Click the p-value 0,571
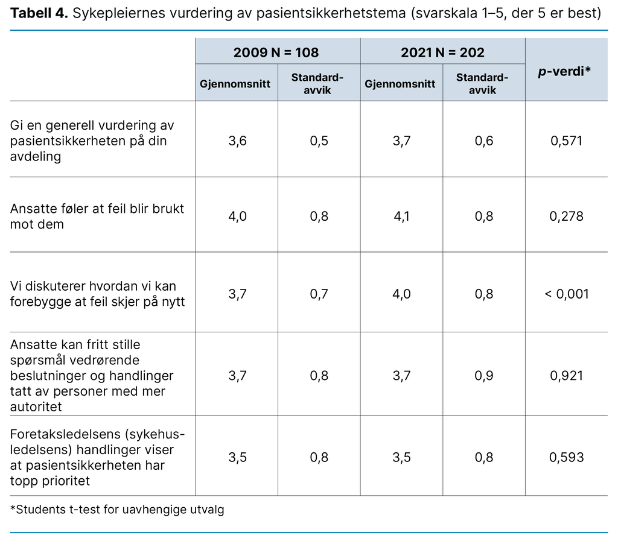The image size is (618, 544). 566,141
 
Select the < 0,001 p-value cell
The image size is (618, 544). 566,294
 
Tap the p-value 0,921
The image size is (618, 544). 566,376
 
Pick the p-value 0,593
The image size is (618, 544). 566,457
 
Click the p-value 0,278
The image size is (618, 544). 566,216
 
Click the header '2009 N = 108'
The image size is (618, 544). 278,52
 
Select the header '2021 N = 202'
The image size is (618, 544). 442,52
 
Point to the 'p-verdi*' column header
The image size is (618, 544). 566,71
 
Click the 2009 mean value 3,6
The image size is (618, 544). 237,141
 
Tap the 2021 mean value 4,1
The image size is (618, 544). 401,216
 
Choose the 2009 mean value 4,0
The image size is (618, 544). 237,216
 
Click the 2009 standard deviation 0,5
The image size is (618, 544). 319,141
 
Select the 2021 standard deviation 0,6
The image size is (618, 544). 483,141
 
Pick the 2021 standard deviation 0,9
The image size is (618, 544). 483,376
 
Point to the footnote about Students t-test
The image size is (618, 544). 117,510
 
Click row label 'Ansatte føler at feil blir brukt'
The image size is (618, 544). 97,209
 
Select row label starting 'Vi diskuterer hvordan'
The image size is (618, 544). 93,286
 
